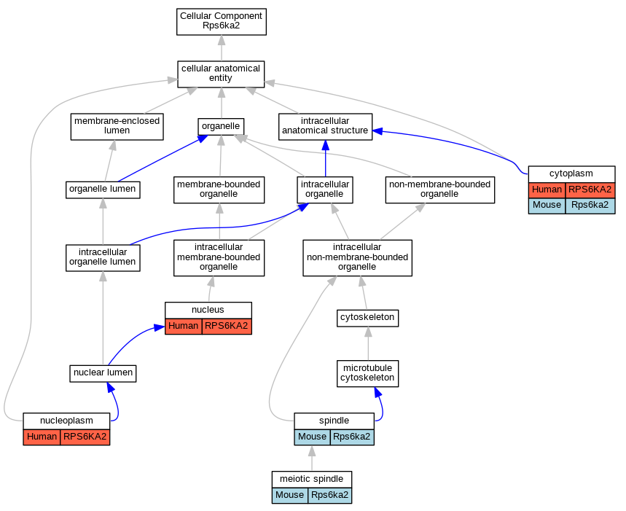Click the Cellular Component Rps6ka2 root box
(x=222, y=22)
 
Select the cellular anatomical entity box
(x=221, y=74)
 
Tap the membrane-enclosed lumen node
(x=117, y=127)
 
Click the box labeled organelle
(x=221, y=127)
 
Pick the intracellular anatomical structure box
(x=325, y=127)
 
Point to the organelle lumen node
(x=103, y=190)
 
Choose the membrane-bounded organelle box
(x=219, y=190)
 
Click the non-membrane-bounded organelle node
(x=440, y=190)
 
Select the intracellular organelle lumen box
(x=103, y=257)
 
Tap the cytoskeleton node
(x=367, y=318)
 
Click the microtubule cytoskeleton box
(x=367, y=373)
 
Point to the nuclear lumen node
(x=103, y=373)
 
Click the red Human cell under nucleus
(x=183, y=326)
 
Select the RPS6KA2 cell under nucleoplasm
(x=85, y=437)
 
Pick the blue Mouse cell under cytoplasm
(x=547, y=206)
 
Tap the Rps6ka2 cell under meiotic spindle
(x=330, y=496)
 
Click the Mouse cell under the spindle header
(x=312, y=437)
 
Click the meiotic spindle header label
(x=311, y=479)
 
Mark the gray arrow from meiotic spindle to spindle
(x=312, y=459)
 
